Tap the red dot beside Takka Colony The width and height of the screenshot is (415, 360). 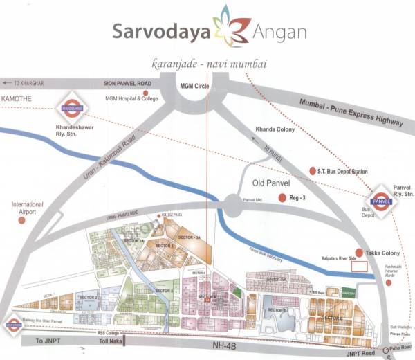point(358,253)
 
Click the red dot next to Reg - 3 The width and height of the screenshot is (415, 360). point(282,199)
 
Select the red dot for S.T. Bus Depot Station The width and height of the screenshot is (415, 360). point(310,170)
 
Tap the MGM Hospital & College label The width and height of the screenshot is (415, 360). point(133,99)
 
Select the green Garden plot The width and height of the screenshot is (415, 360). point(348,292)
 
